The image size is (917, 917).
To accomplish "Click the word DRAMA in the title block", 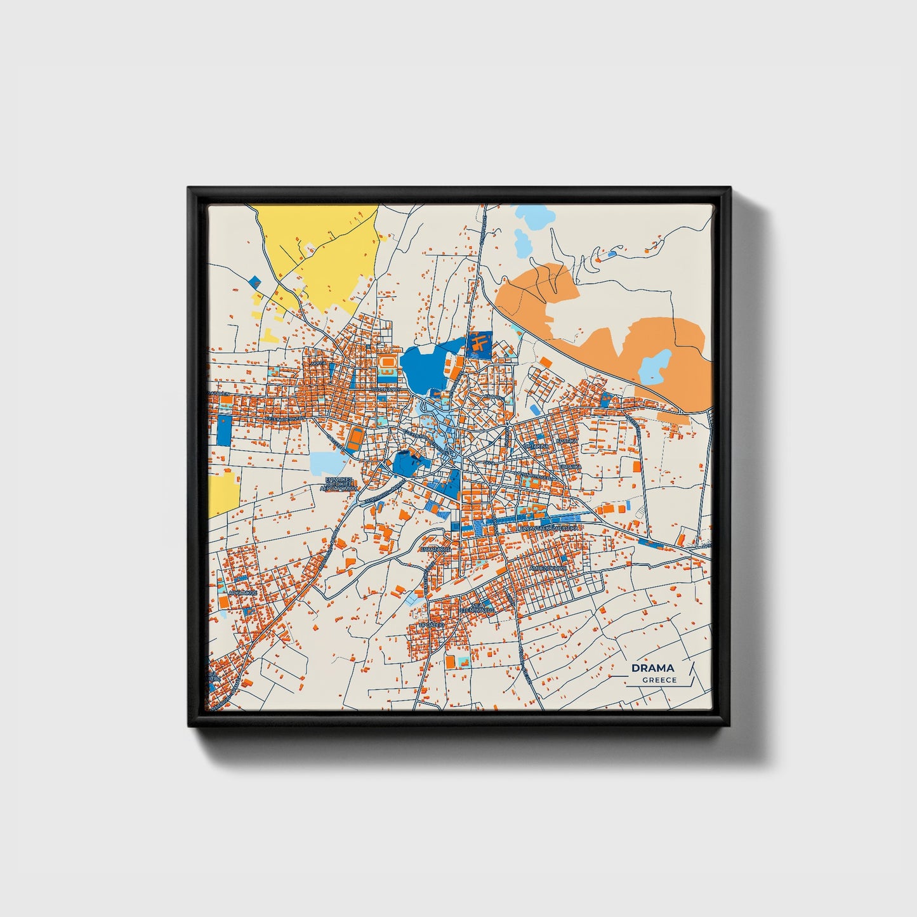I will pyautogui.click(x=652, y=668).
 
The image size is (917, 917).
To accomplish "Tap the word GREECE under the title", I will pyautogui.click(x=659, y=680).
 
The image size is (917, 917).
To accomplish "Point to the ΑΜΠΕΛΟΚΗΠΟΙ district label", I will pyautogui.click(x=548, y=568).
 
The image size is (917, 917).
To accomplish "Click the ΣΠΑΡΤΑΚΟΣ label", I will pyautogui.click(x=435, y=549).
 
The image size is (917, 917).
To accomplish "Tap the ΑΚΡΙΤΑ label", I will pyautogui.click(x=320, y=363).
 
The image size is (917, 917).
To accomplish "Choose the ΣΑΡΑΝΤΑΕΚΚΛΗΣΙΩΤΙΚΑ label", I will pyautogui.click(x=548, y=528).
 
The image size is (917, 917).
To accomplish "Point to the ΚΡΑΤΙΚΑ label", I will pyautogui.click(x=567, y=440).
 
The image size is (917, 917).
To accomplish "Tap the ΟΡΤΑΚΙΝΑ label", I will pyautogui.click(x=537, y=446).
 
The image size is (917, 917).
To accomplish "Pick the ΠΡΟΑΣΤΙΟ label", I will pyautogui.click(x=432, y=624).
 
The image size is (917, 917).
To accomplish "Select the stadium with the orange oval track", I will pyautogui.click(x=387, y=364).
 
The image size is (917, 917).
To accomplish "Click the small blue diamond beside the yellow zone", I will pyautogui.click(x=255, y=280).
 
